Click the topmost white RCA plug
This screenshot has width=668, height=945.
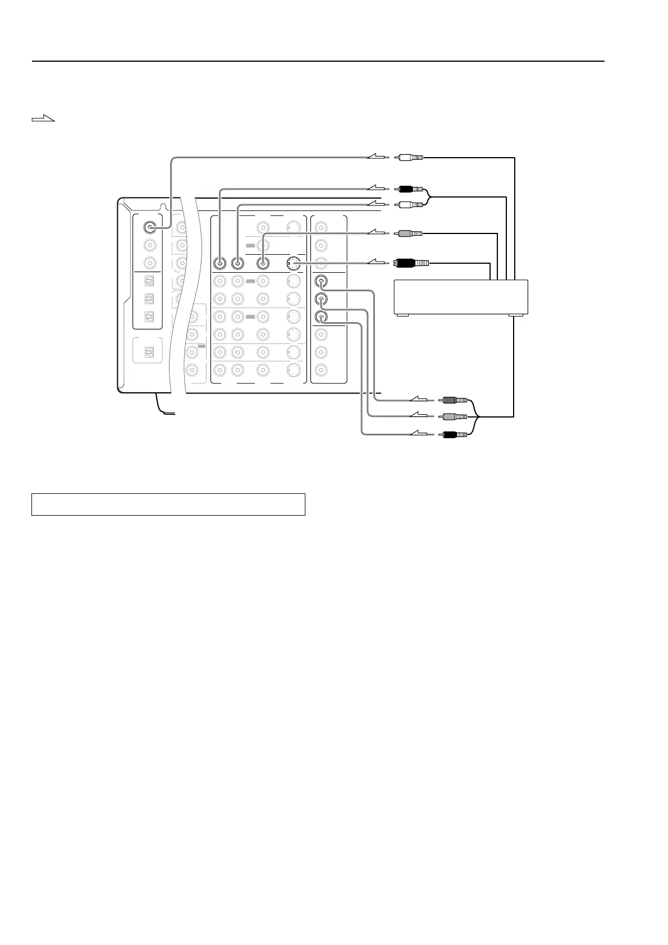point(409,158)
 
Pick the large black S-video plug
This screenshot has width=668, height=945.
point(411,262)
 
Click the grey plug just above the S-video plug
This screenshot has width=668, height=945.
point(410,233)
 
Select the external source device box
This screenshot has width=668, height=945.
point(461,297)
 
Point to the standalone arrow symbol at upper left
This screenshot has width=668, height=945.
point(44,118)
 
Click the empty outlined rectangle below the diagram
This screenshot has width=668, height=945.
point(168,504)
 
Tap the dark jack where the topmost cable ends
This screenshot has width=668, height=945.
point(149,227)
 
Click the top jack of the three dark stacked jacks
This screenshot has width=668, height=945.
point(321,281)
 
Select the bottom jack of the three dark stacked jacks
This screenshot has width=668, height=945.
point(321,316)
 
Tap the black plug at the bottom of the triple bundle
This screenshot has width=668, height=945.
point(454,434)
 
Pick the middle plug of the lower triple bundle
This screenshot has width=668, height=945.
point(454,417)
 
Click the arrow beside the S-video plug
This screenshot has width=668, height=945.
point(377,262)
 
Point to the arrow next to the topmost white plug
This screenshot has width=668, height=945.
point(377,158)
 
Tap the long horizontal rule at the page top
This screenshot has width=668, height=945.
point(318,61)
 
